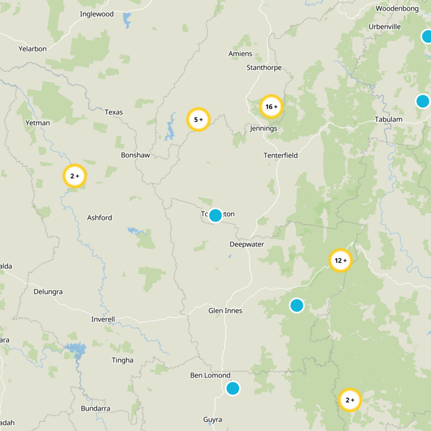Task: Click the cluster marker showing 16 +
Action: click(271, 107)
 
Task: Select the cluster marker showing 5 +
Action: click(198, 120)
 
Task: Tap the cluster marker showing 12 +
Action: click(340, 261)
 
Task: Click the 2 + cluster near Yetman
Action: click(74, 176)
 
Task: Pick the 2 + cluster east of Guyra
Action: click(350, 400)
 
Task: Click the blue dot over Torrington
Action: click(215, 215)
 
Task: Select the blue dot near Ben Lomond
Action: click(233, 388)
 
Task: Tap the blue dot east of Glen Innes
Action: click(297, 305)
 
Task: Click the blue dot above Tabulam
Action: click(423, 101)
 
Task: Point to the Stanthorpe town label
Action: click(264, 67)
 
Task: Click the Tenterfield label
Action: click(281, 155)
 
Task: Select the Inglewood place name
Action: click(96, 14)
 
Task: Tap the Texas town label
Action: click(114, 112)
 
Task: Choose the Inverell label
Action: click(103, 319)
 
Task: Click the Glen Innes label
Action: click(225, 310)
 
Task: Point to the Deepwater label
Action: click(247, 244)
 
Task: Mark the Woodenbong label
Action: click(398, 9)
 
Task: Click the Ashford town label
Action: click(100, 218)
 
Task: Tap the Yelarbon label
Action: click(32, 48)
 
